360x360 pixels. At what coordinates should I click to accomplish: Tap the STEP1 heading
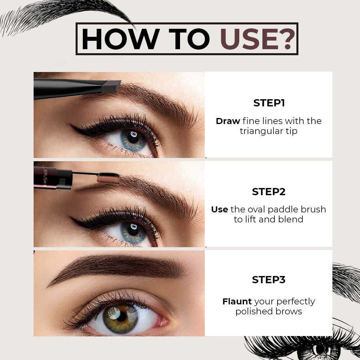click(x=269, y=103)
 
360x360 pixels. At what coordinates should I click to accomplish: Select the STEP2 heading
click(x=269, y=192)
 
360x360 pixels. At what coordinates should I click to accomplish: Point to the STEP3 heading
click(x=269, y=280)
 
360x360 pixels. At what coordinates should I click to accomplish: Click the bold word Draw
click(x=228, y=121)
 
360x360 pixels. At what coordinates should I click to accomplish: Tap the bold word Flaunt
click(x=237, y=301)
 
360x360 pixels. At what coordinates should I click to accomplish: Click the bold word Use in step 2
click(x=220, y=209)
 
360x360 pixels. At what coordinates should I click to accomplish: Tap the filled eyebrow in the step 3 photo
click(x=116, y=266)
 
